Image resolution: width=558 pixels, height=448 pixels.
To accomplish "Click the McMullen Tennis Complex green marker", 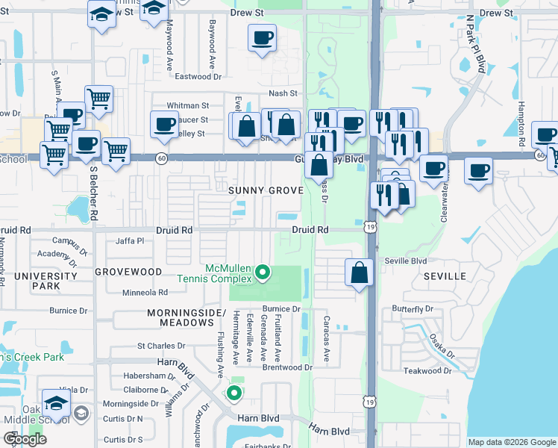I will coord(262,273).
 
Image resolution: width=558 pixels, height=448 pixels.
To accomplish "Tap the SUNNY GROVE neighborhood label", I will coord(266,190).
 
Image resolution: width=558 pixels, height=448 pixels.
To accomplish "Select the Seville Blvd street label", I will coord(406,261).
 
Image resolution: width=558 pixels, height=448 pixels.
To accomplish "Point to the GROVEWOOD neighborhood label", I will coord(129,272).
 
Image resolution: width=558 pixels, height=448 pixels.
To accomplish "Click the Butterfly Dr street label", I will coord(413,308).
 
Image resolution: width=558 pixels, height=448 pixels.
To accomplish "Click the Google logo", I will coord(25,439).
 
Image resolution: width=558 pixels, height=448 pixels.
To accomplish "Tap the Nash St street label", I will coord(283,93).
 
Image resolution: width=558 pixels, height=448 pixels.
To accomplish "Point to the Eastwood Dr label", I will coord(198,76).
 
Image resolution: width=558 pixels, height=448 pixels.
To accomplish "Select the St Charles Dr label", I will coord(160,346).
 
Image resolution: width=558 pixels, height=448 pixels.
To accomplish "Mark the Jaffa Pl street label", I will coord(130,240).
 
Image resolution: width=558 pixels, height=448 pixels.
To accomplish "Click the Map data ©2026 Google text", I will coord(512,442).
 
